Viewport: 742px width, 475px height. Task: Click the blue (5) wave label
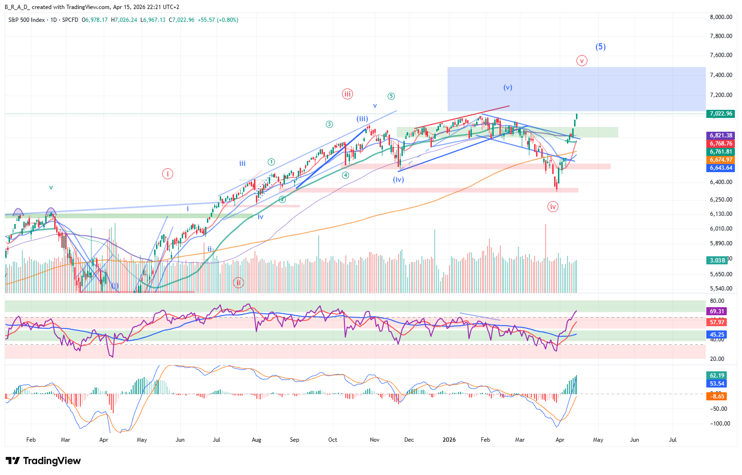point(600,47)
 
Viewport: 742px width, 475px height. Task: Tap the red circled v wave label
point(582,61)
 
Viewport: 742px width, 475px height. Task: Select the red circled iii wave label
point(347,94)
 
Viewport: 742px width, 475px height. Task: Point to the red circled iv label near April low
point(553,206)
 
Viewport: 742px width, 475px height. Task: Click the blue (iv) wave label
point(398,180)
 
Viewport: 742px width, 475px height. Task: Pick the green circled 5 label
point(391,96)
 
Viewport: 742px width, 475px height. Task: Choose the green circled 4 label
point(345,175)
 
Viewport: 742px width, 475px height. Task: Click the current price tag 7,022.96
point(721,114)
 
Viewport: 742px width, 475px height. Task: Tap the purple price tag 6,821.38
point(721,136)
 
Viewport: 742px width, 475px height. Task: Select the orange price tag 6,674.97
point(721,160)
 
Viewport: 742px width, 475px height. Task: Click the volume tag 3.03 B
point(717,261)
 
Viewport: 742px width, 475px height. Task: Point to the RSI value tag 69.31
point(717,311)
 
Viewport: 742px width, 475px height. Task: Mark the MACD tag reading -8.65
point(717,396)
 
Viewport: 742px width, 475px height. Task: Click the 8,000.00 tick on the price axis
point(721,17)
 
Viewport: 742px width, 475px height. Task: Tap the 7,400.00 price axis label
point(721,75)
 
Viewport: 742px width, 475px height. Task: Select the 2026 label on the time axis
point(449,440)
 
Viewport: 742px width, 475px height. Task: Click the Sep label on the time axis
point(294,440)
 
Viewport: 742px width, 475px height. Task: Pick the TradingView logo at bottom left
point(43,461)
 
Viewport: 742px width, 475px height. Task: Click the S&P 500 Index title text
point(27,20)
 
